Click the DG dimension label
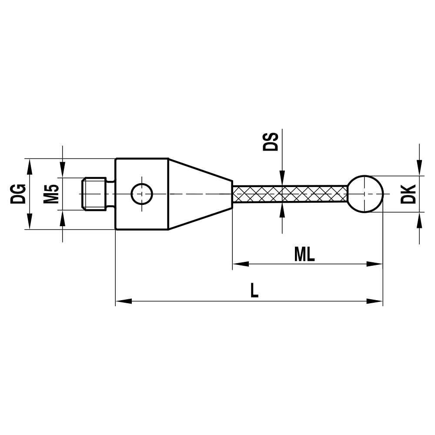click(19, 194)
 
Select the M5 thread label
click(51, 194)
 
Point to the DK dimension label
click(408, 194)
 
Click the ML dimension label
click(304, 254)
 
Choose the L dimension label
click(254, 291)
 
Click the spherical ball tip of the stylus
click(366, 194)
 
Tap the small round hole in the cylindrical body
click(142, 194)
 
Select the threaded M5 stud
click(94, 194)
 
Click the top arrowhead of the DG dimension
click(30, 166)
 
